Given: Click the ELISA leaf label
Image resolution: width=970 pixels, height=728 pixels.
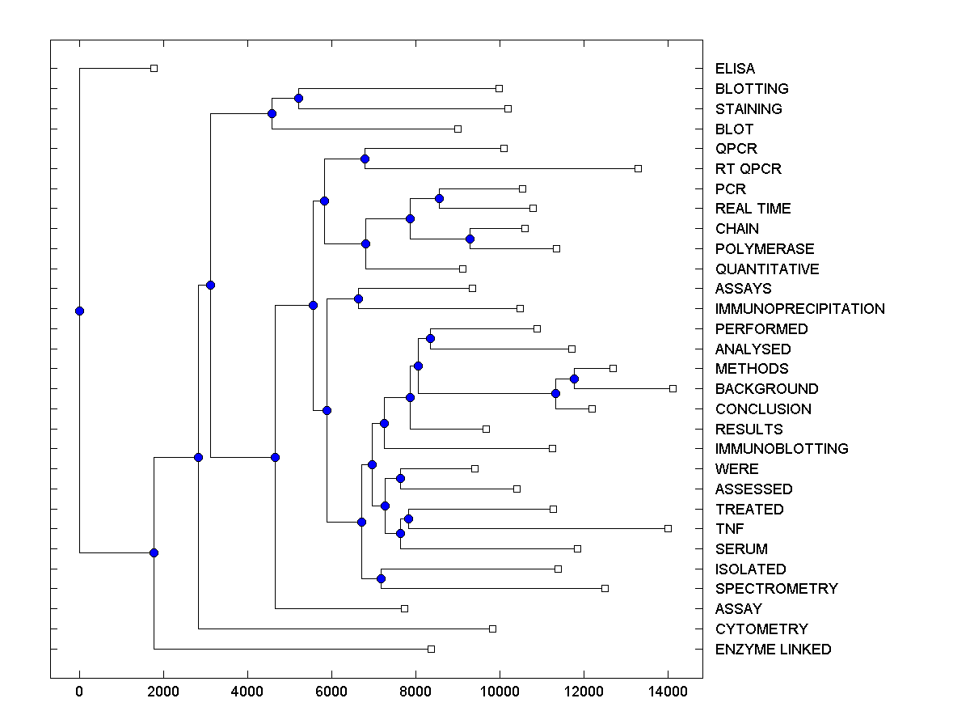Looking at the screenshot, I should click(x=735, y=69).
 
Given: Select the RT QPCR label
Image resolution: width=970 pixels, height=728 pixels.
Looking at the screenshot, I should click(x=748, y=169).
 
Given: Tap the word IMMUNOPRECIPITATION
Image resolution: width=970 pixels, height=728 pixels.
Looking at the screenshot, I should click(x=799, y=309).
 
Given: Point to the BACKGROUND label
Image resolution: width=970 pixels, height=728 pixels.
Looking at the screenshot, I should click(x=766, y=389).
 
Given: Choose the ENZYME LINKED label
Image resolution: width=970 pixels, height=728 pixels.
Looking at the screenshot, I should click(x=773, y=650).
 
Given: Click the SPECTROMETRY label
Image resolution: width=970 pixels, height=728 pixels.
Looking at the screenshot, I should click(x=776, y=589).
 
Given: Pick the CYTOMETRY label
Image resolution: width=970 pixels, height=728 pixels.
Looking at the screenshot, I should click(x=761, y=629).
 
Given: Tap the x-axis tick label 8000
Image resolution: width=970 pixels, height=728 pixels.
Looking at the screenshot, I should click(x=415, y=692).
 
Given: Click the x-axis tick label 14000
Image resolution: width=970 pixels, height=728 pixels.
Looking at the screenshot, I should click(x=668, y=692).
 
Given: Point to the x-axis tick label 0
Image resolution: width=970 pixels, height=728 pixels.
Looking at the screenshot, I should click(x=79, y=692).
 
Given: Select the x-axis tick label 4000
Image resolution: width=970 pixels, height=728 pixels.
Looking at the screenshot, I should click(x=247, y=692).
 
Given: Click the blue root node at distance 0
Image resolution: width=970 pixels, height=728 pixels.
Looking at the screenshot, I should click(x=79, y=311).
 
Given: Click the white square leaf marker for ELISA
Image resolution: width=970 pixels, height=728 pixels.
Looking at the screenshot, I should click(x=154, y=68).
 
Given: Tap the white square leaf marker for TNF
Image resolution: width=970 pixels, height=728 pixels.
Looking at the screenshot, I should click(x=668, y=528).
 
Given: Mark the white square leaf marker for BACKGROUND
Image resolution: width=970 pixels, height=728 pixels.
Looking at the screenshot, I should click(x=673, y=388).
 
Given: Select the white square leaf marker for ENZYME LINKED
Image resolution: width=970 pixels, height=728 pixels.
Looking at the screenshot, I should click(x=431, y=649).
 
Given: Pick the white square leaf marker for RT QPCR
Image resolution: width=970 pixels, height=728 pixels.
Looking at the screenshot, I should click(x=638, y=168).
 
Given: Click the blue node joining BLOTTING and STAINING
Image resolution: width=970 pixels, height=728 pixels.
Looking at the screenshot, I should click(x=298, y=98).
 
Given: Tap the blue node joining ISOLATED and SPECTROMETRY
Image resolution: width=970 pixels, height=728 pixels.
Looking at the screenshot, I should click(x=381, y=578).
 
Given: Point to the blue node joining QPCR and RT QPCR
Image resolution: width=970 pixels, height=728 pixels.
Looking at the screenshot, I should click(x=365, y=159).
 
